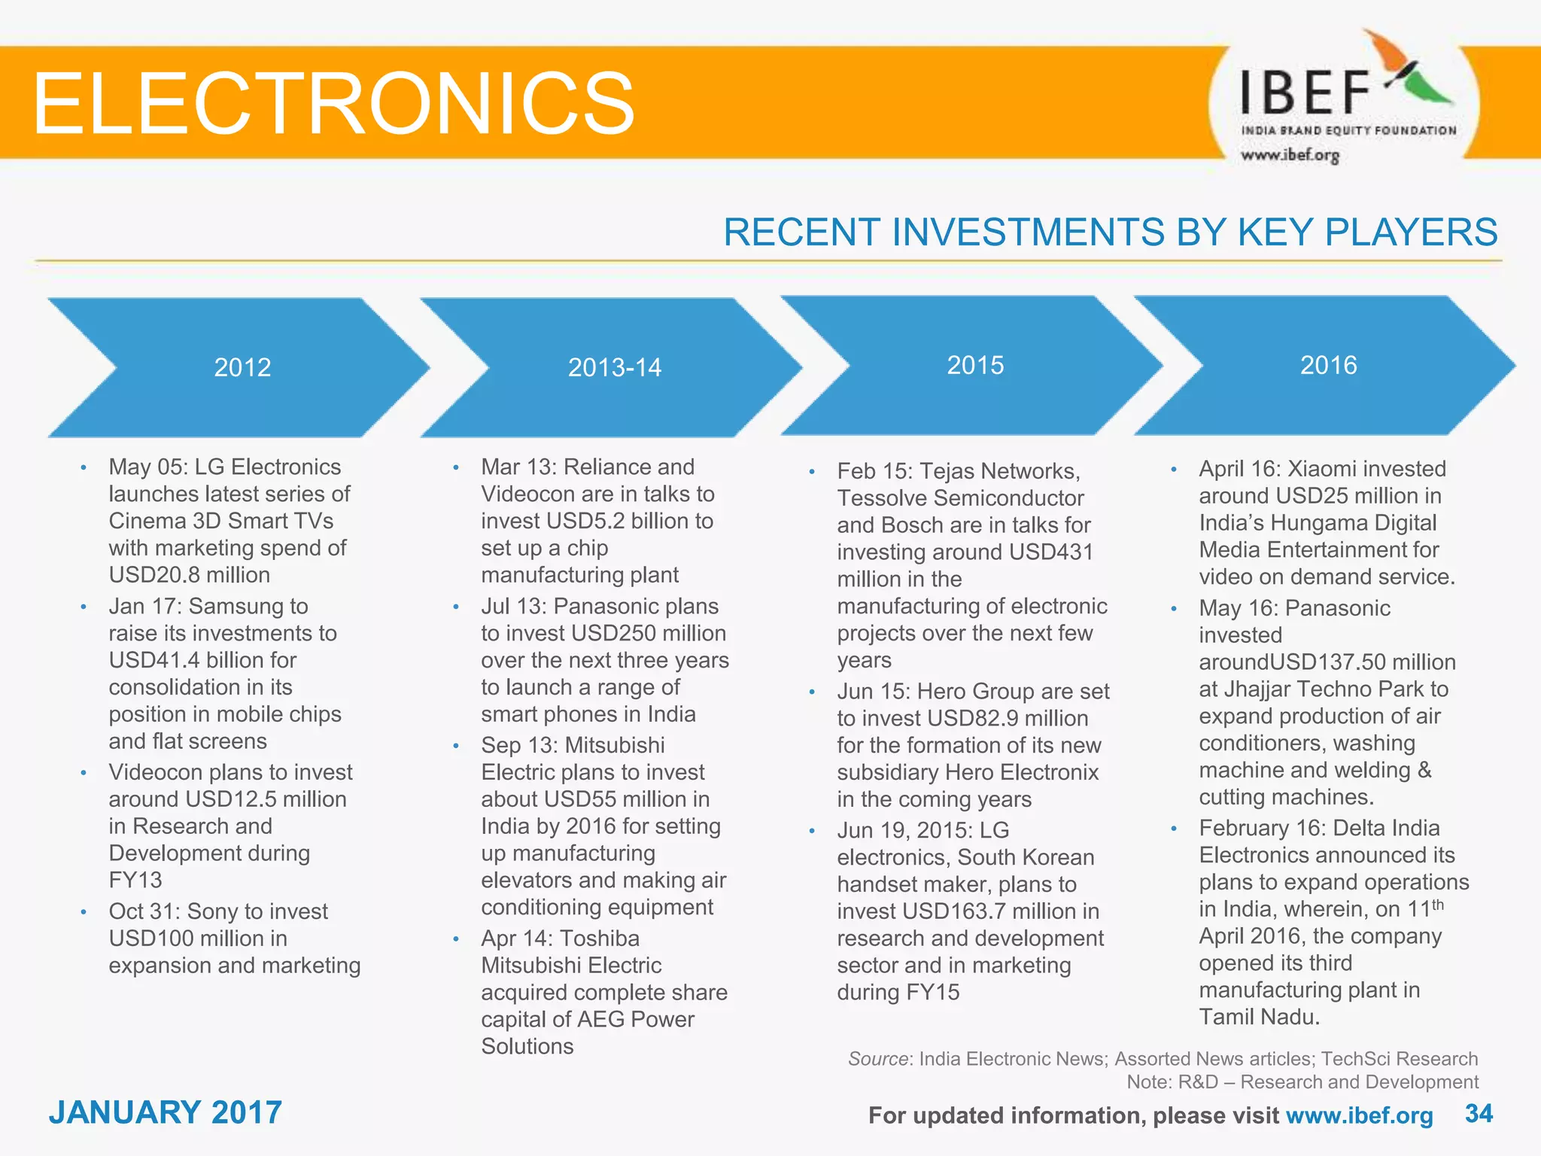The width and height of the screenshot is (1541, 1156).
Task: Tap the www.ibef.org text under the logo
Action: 1290,155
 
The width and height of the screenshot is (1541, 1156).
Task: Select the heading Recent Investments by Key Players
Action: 1110,232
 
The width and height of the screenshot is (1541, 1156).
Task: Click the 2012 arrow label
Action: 242,367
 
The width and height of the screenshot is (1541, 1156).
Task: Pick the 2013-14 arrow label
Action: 614,367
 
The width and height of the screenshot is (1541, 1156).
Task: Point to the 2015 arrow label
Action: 975,365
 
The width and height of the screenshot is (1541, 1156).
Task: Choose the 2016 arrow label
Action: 1328,365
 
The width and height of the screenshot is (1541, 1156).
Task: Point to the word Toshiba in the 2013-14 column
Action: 600,938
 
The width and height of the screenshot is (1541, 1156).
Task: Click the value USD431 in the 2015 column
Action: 1051,552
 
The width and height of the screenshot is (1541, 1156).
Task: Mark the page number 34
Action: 1479,1113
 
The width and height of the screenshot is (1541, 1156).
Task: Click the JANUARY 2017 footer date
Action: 166,1112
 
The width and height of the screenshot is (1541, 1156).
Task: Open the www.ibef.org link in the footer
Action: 1359,1115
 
